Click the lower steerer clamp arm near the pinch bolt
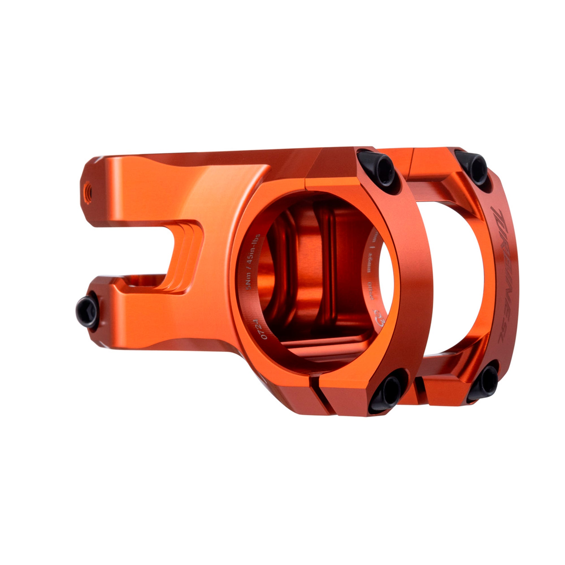[140, 316]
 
